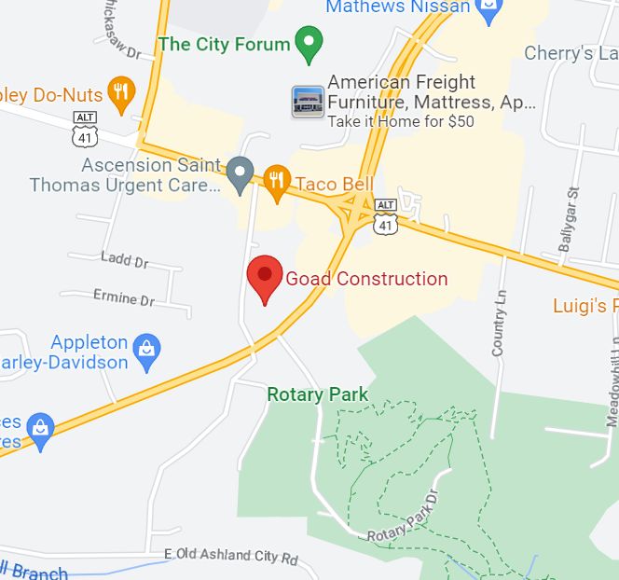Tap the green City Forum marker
309,41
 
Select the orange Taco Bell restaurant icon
275,181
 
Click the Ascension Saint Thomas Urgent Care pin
241,173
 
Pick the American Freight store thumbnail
308,101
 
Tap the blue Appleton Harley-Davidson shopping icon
146,350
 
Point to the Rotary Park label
317,394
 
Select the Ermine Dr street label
124,298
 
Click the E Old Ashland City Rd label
230,557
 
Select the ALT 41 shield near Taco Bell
385,216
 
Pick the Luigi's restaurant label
585,306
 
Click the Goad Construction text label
366,279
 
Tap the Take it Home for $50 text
401,121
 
